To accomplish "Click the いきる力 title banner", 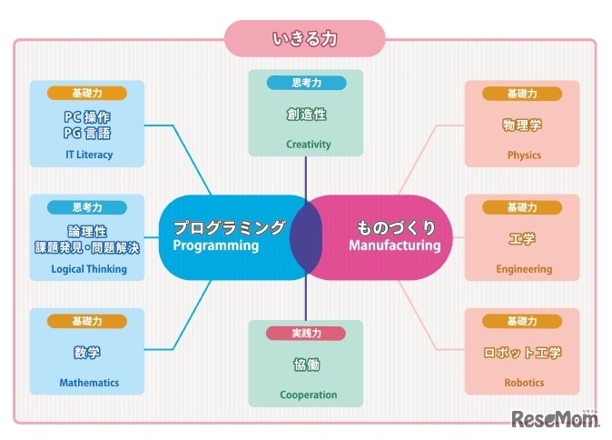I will point(305,39).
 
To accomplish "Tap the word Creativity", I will point(309,144).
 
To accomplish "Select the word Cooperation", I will point(309,395).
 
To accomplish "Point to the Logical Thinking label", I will point(89,269).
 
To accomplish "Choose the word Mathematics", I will point(89,383).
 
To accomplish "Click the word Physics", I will point(524,155).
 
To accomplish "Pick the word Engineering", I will point(524,269).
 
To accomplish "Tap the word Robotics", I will point(524,383).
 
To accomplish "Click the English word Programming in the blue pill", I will point(216,245).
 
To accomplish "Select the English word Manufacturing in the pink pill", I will point(395,245).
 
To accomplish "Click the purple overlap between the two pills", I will point(306,236).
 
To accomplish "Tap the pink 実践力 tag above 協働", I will point(305,334).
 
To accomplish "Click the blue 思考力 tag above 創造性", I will point(306,83).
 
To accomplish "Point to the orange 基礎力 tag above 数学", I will point(87,321).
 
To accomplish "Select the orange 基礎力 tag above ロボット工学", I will point(523,321).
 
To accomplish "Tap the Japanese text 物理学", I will point(522,125).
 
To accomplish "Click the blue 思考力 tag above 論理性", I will point(87,207).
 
